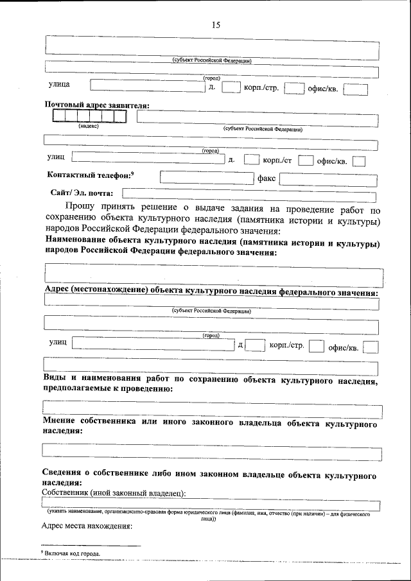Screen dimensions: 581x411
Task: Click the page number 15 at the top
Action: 215,25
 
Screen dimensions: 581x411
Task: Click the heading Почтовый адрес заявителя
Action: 97,105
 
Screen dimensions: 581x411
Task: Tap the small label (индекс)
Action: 88,126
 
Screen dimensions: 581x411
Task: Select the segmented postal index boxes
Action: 89,116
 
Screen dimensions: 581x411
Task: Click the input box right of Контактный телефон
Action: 207,178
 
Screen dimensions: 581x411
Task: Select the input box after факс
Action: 328,179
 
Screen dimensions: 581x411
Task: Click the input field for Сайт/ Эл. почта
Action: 250,193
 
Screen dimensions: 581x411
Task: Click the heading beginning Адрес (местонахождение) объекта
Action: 211,291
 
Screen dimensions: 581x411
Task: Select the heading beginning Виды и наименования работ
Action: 211,384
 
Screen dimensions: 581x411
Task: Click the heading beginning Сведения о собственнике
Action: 209,477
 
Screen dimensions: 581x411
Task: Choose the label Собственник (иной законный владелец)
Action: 114,492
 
